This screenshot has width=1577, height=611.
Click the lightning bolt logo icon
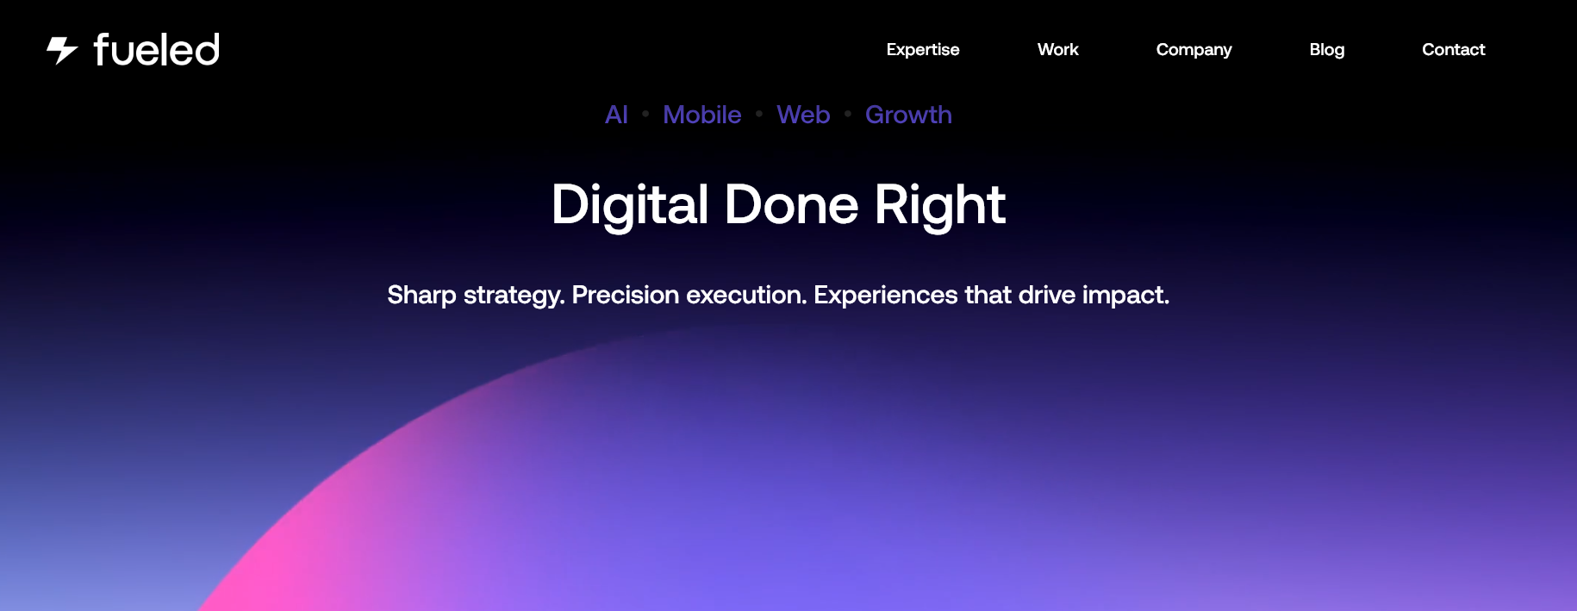(x=62, y=50)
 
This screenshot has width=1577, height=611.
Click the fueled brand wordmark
(x=157, y=50)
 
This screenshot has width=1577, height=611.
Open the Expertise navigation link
(x=923, y=50)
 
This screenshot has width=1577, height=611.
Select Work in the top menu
(x=1057, y=50)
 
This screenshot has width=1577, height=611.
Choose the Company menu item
(x=1194, y=50)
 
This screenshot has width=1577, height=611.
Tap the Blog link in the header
(x=1326, y=50)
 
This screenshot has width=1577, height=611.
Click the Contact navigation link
(x=1453, y=50)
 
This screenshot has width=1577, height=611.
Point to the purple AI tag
(x=616, y=115)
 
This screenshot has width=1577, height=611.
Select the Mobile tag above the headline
(x=701, y=115)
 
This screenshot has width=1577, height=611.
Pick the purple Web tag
(x=803, y=115)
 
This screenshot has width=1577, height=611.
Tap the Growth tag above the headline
(x=908, y=115)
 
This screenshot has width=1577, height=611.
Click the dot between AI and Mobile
(x=645, y=113)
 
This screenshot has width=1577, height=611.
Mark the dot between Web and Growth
(x=848, y=113)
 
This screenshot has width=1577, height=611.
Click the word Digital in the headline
(x=630, y=205)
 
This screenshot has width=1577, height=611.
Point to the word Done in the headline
(x=791, y=205)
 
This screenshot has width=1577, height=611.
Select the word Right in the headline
(x=940, y=205)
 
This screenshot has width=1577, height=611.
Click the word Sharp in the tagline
(x=421, y=296)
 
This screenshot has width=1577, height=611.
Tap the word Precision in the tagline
(x=626, y=296)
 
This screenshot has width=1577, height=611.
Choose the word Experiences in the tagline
(x=886, y=296)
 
